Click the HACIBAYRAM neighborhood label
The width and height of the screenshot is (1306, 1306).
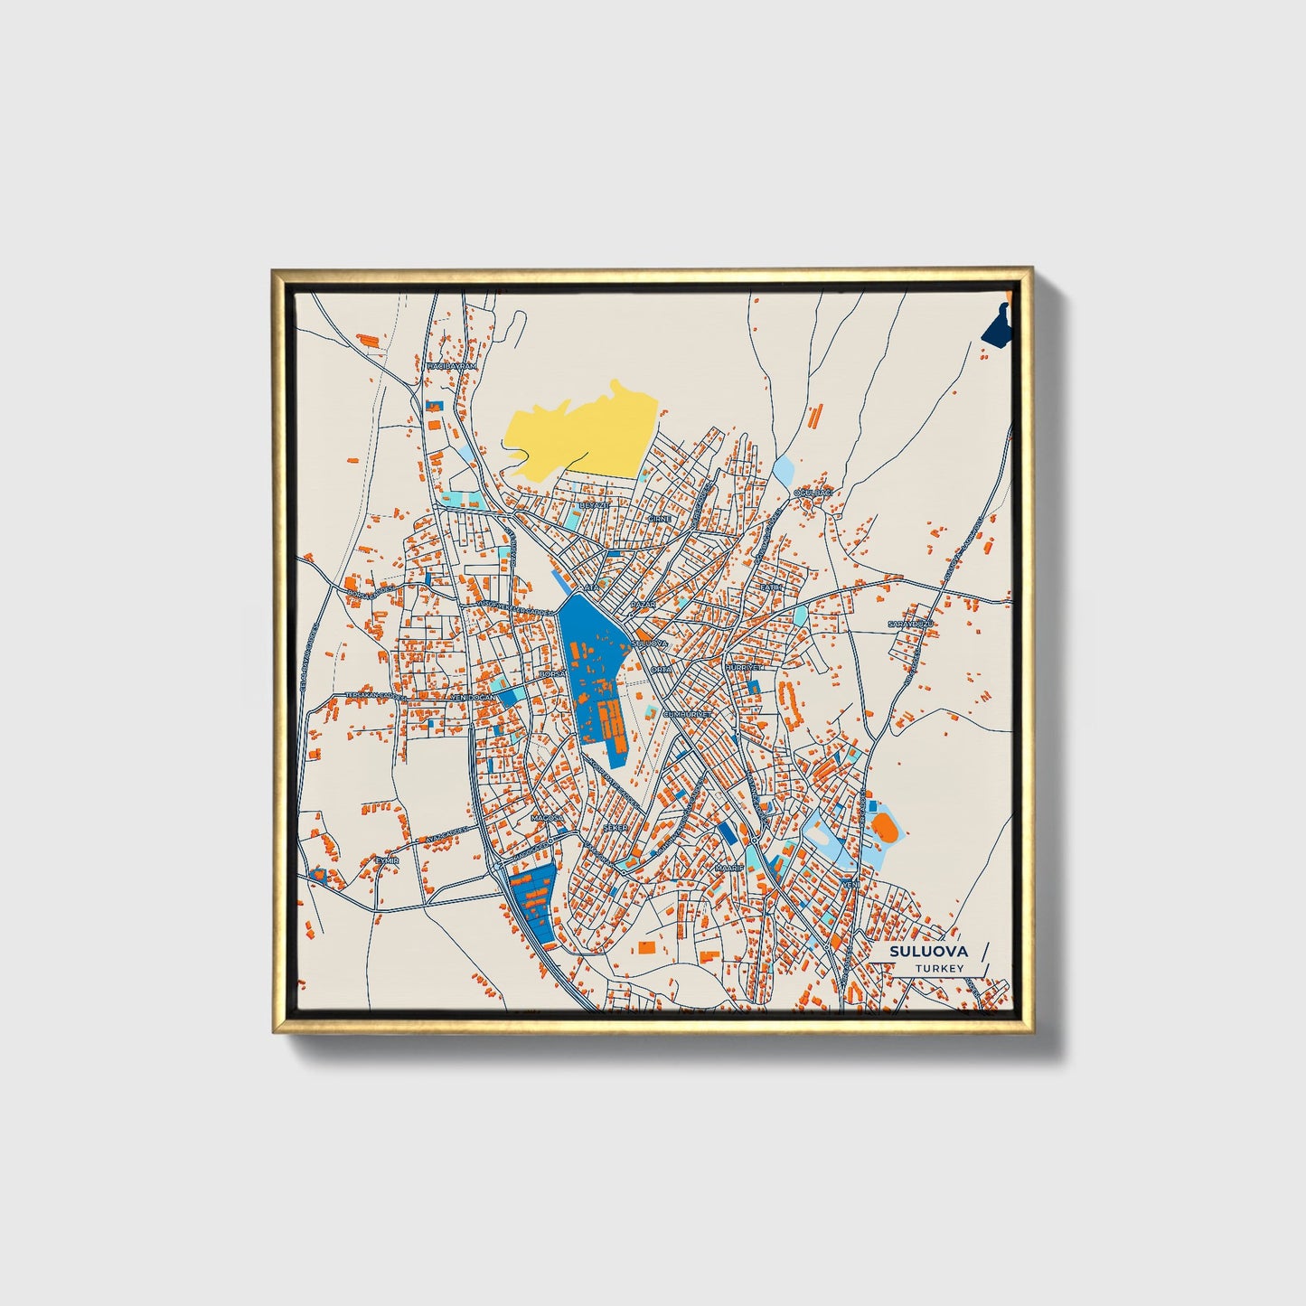(x=451, y=366)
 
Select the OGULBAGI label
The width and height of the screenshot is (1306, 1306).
(x=811, y=493)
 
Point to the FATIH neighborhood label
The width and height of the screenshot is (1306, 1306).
(x=769, y=587)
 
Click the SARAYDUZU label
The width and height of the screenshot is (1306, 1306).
(x=908, y=625)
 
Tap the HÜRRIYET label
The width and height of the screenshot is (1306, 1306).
(x=744, y=666)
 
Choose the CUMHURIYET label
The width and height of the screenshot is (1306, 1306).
(x=690, y=714)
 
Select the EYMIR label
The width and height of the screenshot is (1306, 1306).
(x=386, y=860)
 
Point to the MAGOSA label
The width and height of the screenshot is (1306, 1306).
(x=547, y=818)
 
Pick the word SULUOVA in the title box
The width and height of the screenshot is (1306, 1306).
(x=928, y=951)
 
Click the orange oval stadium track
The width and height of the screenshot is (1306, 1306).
(x=884, y=826)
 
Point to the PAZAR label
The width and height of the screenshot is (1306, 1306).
(x=643, y=603)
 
